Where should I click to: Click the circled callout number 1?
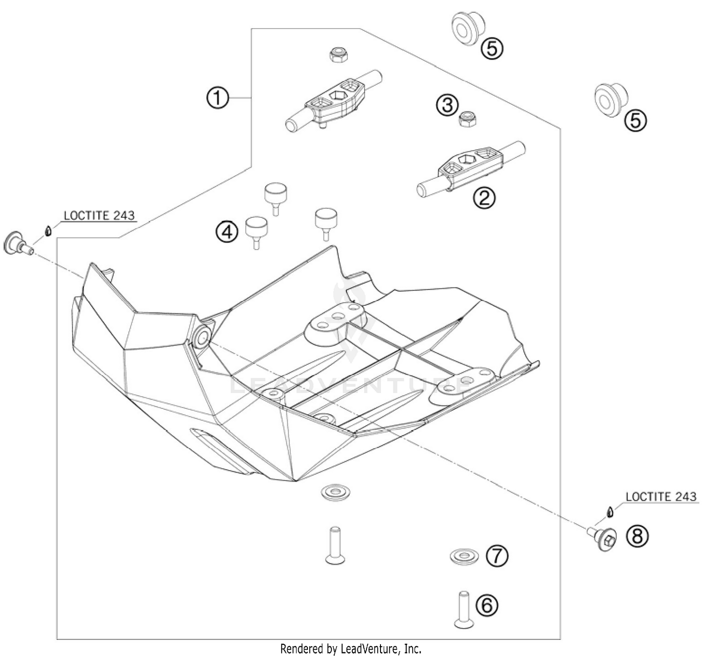pyautogui.click(x=218, y=98)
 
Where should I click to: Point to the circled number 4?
pyautogui.click(x=227, y=231)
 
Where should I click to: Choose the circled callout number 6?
pyautogui.click(x=487, y=606)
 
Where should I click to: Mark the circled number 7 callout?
pyautogui.click(x=497, y=556)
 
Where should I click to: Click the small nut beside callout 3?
pyautogui.click(x=467, y=119)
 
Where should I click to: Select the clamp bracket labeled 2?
pyautogui.click(x=470, y=169)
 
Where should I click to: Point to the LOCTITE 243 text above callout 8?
pyautogui.click(x=660, y=496)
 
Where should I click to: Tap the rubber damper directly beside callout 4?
pyautogui.click(x=256, y=230)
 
